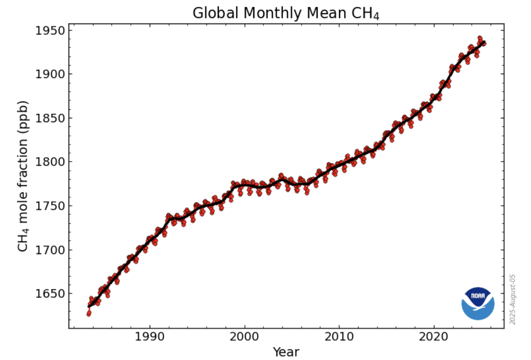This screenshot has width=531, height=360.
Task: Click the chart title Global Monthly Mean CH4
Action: (286, 13)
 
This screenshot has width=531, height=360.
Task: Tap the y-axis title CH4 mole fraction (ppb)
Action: (24, 176)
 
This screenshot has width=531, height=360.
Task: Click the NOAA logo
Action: (478, 303)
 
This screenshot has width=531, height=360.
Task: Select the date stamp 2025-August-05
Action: (512, 299)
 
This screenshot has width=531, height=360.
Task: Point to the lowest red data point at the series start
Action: (88, 314)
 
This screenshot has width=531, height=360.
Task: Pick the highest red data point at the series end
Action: (480, 39)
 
